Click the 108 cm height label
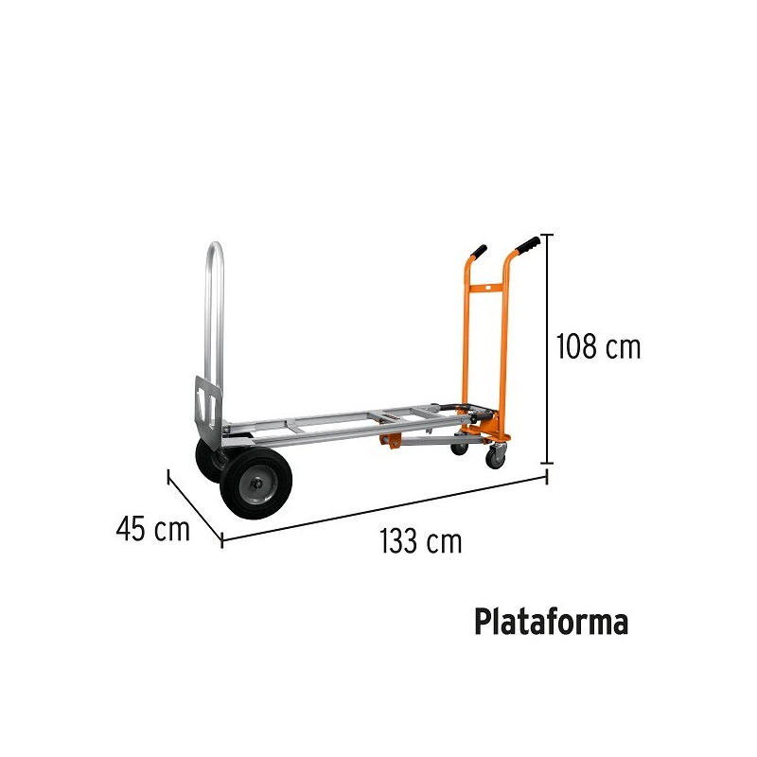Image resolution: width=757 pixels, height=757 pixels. (598, 346)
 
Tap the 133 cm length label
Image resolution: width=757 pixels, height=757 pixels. (420, 541)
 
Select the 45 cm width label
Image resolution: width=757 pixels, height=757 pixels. (153, 528)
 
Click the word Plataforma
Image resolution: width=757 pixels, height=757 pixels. (552, 622)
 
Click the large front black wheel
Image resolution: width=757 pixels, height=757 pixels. (255, 484)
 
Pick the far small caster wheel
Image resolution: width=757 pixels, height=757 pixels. (459, 449)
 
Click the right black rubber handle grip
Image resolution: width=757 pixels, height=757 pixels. (527, 245)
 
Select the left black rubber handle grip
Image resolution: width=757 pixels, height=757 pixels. (479, 252)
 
